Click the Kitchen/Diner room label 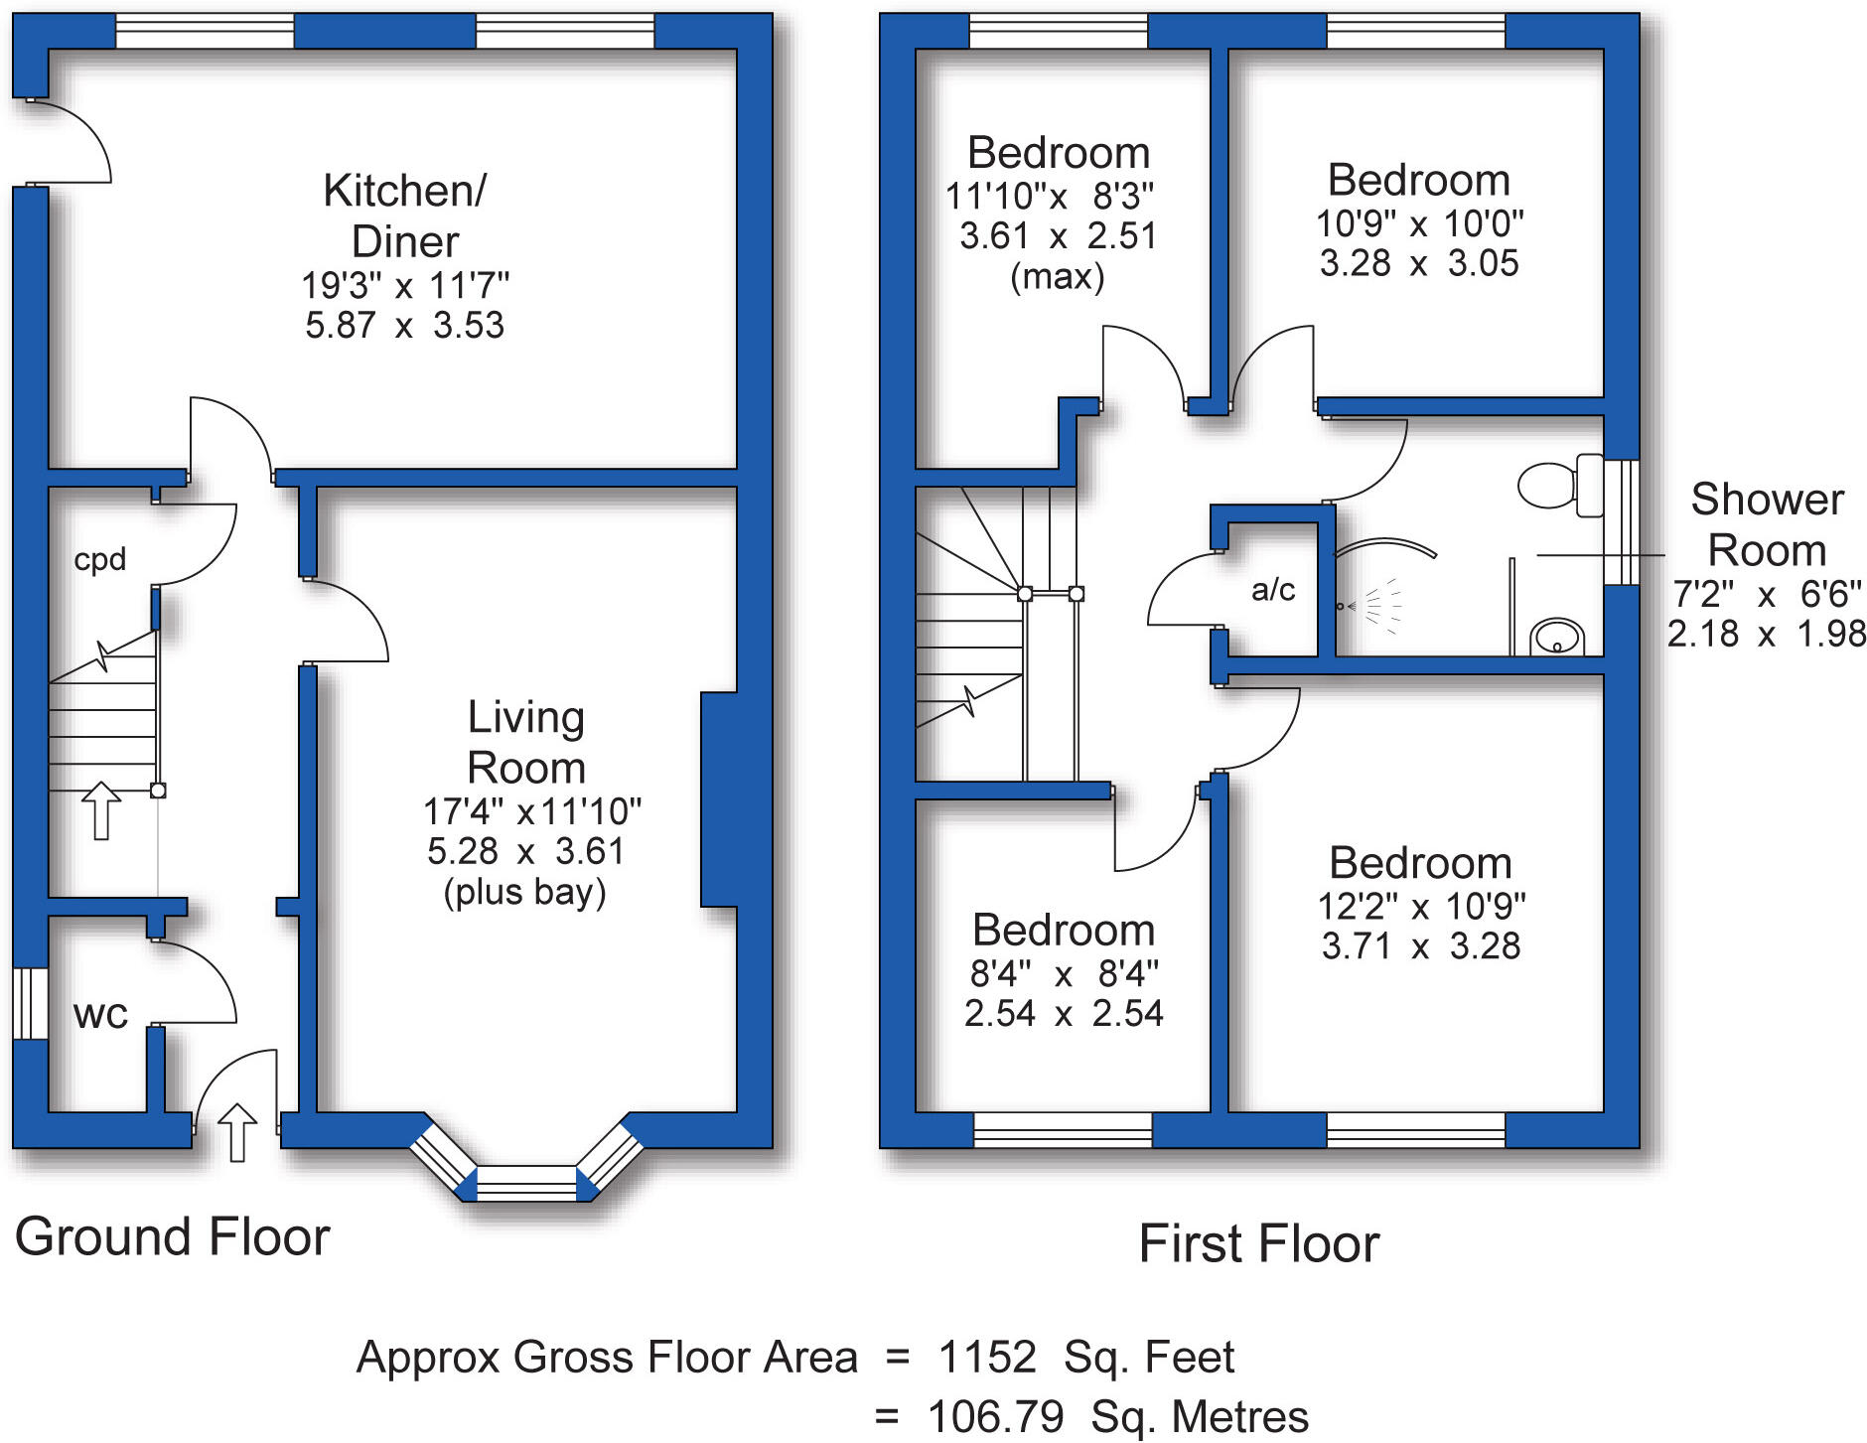405,216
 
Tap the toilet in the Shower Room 1560,485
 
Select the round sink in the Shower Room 1556,637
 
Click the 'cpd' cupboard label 99,559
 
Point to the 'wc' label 100,1014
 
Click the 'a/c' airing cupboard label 1273,590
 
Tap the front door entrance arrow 236,1131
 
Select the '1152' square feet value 986,1357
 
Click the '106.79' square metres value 995,1416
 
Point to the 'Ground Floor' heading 172,1237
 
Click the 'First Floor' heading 1258,1243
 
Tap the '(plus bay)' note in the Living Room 524,892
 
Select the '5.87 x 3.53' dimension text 404,326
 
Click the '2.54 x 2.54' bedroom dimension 1063,1013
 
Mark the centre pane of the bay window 526,1183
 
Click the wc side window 31,1003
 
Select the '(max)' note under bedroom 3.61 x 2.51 1057,276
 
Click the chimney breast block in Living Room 719,799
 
